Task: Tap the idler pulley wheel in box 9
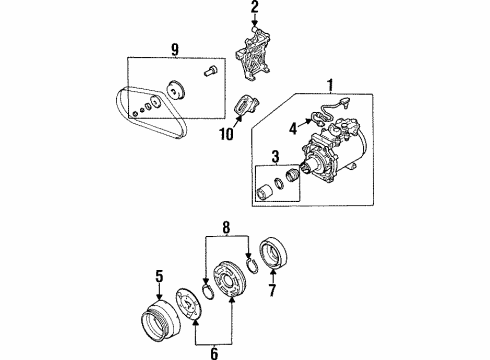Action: coord(180,92)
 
